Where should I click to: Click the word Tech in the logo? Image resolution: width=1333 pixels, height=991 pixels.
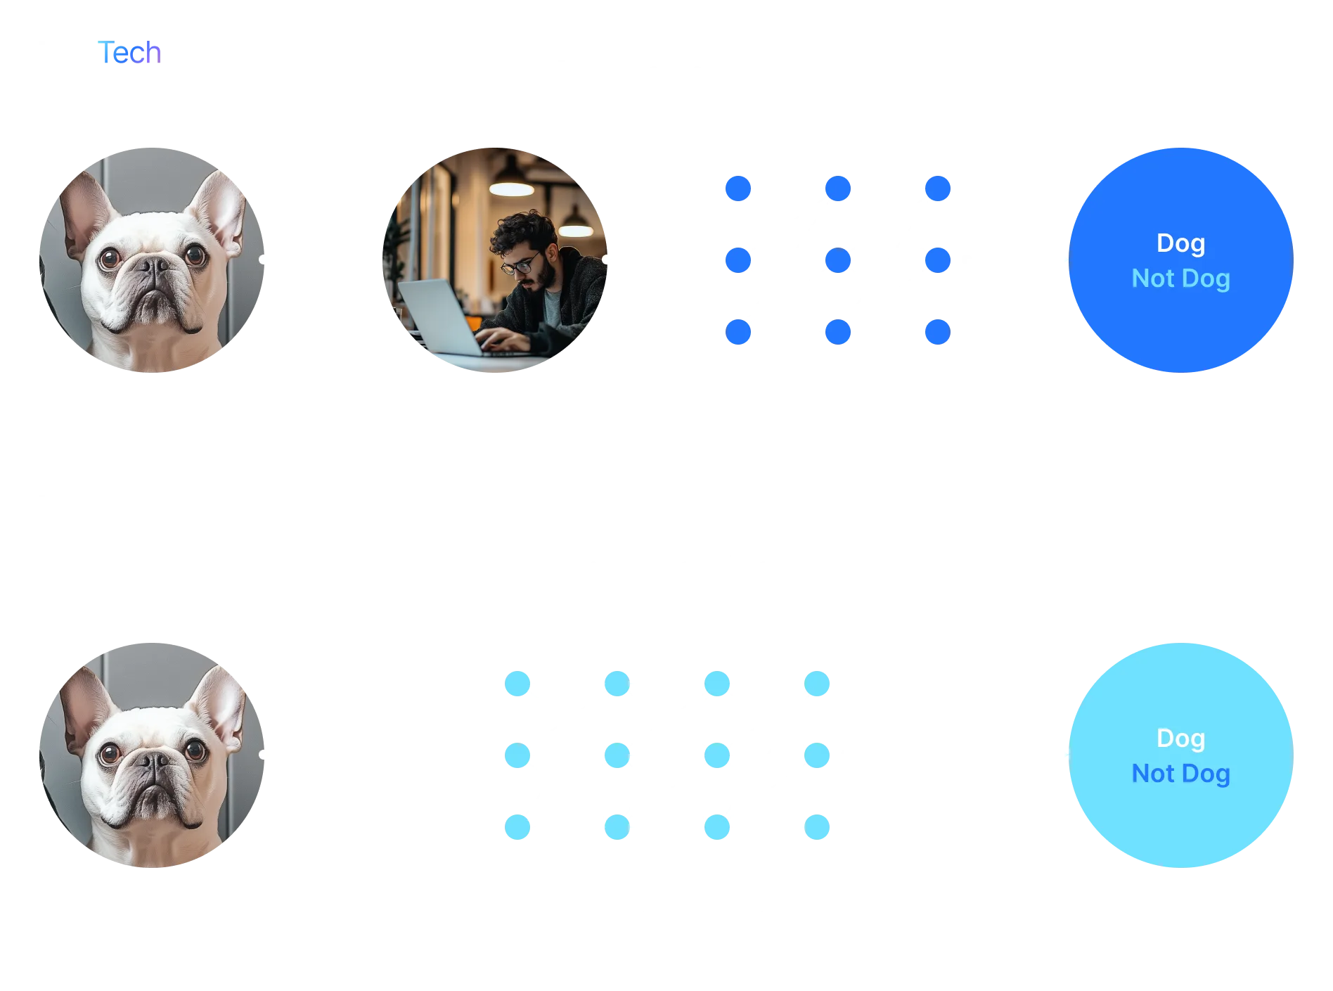coord(131,53)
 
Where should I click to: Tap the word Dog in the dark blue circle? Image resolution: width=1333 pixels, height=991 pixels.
coord(1180,243)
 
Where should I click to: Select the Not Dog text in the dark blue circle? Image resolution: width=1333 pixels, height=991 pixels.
coord(1180,279)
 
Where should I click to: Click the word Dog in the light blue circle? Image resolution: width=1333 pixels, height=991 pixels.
coord(1180,739)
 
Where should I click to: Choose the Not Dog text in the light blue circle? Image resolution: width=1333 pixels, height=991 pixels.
coord(1180,774)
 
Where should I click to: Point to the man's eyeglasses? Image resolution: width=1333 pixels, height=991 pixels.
coord(519,267)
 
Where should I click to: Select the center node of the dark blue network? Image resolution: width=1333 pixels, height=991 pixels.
coord(838,260)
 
